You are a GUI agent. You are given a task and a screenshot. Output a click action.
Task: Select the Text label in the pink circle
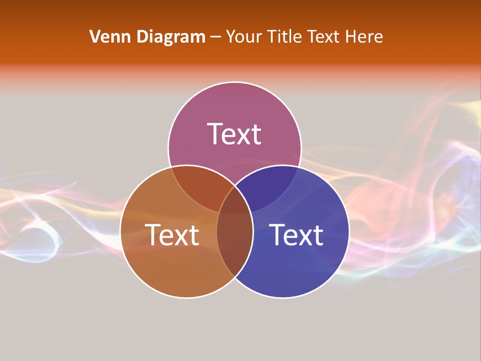(x=234, y=134)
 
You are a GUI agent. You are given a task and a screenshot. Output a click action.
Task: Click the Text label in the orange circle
(x=172, y=235)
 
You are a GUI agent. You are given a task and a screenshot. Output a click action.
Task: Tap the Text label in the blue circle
(x=296, y=235)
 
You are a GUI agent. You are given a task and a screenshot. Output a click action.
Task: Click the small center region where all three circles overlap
(x=234, y=203)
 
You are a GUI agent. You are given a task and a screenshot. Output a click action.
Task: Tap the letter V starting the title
(x=95, y=37)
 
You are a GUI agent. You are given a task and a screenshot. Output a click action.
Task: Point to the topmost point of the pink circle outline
(x=234, y=82)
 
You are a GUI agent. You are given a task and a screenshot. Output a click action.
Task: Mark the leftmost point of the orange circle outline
(x=120, y=232)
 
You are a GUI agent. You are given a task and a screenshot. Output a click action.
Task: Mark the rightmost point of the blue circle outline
(x=349, y=232)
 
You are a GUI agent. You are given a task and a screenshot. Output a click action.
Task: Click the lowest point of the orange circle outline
(x=186, y=298)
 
